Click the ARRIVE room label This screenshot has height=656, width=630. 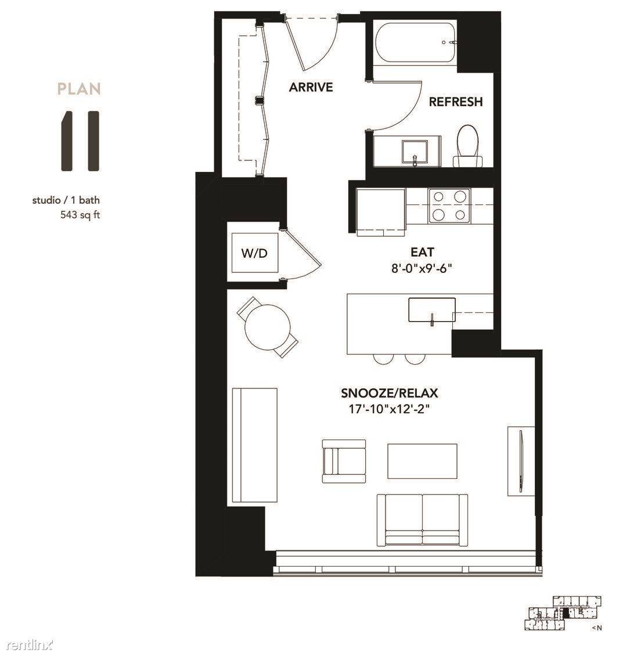pyautogui.click(x=311, y=87)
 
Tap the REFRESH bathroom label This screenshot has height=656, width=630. pyautogui.click(x=456, y=102)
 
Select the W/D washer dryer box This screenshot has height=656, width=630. pyautogui.click(x=255, y=253)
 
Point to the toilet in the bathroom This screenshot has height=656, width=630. pyautogui.click(x=469, y=146)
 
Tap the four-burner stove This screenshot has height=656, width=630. pyautogui.click(x=449, y=206)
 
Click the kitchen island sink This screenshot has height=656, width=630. pyautogui.click(x=432, y=310)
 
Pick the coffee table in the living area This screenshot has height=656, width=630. pyautogui.click(x=422, y=461)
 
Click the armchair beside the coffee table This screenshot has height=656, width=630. pyautogui.click(x=344, y=461)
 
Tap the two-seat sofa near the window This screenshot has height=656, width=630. pyautogui.click(x=423, y=520)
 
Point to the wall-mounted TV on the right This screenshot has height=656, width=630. pyautogui.click(x=521, y=461)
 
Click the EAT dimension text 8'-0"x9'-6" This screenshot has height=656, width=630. pyautogui.click(x=422, y=268)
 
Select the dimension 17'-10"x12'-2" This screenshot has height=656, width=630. pyautogui.click(x=390, y=409)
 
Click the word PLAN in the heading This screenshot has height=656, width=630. pyautogui.click(x=79, y=89)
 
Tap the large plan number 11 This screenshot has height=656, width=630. pyautogui.click(x=80, y=141)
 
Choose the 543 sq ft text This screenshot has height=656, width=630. pyautogui.click(x=80, y=215)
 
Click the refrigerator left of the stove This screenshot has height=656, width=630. pyautogui.click(x=381, y=212)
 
